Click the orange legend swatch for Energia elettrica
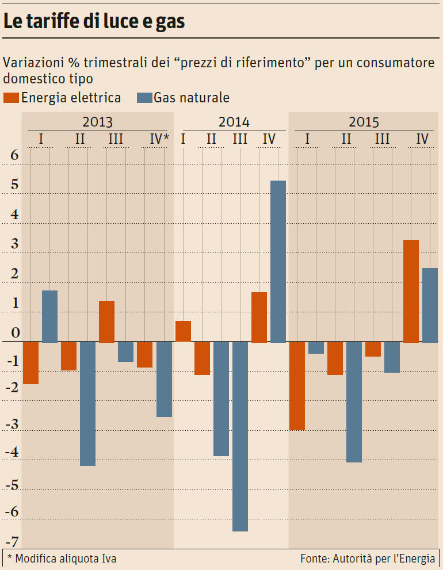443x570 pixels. [11, 98]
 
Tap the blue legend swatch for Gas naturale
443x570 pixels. [144, 98]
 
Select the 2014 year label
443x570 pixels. [234, 123]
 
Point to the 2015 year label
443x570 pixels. [364, 123]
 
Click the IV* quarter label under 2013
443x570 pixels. [159, 139]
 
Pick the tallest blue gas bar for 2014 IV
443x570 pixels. [278, 262]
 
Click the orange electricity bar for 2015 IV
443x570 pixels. [411, 291]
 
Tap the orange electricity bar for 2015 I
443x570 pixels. [297, 386]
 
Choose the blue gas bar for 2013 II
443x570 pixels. [87, 404]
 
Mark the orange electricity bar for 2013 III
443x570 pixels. [106, 322]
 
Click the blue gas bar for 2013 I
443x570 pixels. [49, 316]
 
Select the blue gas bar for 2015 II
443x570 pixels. [354, 402]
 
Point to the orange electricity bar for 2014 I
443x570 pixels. [183, 332]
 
